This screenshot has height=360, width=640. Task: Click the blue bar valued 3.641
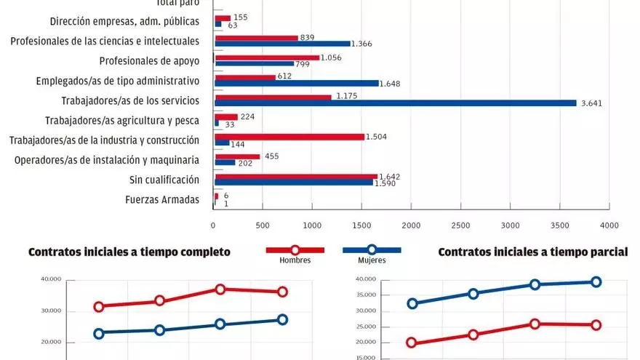pos(396,103)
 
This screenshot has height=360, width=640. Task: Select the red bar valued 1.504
pos(289,136)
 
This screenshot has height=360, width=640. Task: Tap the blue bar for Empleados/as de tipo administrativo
pos(297,83)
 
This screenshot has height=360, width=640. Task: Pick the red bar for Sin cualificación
pos(296,176)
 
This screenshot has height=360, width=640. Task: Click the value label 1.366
pos(362,44)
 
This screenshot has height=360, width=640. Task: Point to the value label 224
pos(248,116)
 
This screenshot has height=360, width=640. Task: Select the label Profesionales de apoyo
pos(149,60)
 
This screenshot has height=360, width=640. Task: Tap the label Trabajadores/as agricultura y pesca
pos(122,120)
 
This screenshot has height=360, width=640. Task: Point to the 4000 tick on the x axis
pos(609,226)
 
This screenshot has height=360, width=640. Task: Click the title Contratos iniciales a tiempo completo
pos(129,252)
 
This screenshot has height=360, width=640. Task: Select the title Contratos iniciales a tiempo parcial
pos(533,252)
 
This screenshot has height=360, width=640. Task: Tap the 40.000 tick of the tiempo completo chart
pos(51,279)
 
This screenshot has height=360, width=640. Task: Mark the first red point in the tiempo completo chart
pos(98,306)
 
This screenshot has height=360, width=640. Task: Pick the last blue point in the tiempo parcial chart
pos(596,281)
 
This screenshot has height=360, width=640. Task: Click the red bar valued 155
pos(223,18)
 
